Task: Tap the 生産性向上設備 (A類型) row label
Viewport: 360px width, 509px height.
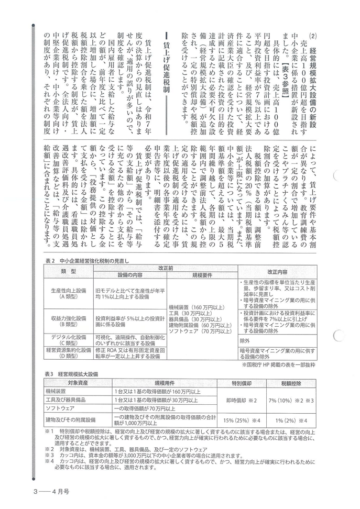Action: [x=68, y=293]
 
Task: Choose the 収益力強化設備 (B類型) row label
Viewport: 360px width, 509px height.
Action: [x=68, y=320]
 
